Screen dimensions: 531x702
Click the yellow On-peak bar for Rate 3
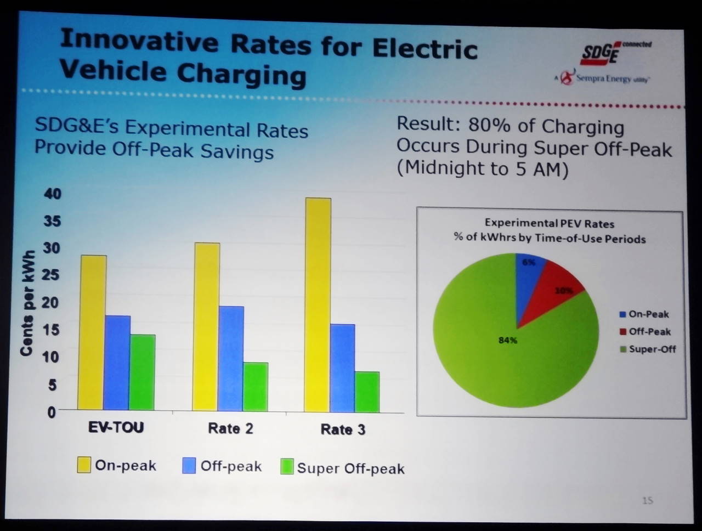pos(318,304)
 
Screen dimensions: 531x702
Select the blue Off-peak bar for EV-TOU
pos(117,362)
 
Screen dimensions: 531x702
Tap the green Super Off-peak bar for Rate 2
pos(255,386)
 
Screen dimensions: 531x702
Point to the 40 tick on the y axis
pos(53,194)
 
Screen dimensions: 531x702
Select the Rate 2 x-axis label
pos(230,428)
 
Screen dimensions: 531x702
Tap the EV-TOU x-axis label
pos(116,427)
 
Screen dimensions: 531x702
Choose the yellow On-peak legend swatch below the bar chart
pos(84,465)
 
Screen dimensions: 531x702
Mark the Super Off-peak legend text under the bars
pos(350,468)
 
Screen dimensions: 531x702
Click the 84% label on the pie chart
pos(507,341)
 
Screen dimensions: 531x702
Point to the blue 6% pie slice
pos(529,268)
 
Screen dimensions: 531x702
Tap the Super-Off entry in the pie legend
pos(652,349)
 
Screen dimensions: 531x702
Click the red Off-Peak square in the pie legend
pos(623,332)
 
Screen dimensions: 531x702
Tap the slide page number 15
pos(648,500)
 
